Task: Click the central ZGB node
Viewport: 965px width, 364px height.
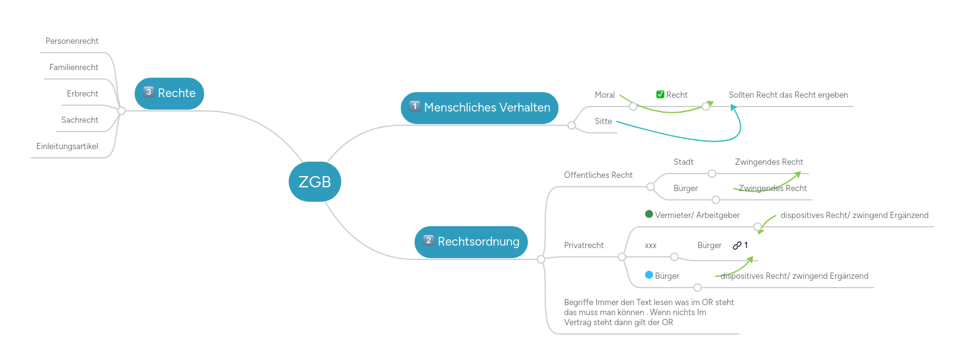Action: pyautogui.click(x=314, y=182)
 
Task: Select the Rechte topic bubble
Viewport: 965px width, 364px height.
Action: pyautogui.click(x=169, y=93)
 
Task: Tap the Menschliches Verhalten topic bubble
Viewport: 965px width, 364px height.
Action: pyautogui.click(x=479, y=107)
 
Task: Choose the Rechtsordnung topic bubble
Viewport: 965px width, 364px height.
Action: pyautogui.click(x=471, y=241)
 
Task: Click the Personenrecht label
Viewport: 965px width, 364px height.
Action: pyautogui.click(x=72, y=41)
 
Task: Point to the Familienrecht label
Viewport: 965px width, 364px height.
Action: pyautogui.click(x=74, y=68)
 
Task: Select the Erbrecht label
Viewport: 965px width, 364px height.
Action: pyautogui.click(x=83, y=94)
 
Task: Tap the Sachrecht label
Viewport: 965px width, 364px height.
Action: pyautogui.click(x=80, y=120)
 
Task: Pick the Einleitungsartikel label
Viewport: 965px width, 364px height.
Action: pyautogui.click(x=67, y=147)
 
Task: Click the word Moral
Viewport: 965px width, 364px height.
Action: pyautogui.click(x=605, y=95)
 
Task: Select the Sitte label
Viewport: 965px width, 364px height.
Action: pyautogui.click(x=603, y=122)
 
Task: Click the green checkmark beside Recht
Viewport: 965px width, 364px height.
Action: pyautogui.click(x=660, y=95)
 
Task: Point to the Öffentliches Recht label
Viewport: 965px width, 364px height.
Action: pyautogui.click(x=598, y=175)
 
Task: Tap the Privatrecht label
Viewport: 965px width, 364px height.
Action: pyautogui.click(x=584, y=246)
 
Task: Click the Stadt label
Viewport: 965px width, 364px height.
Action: pyautogui.click(x=683, y=162)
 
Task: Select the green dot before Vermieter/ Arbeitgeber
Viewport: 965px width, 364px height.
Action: pyautogui.click(x=649, y=214)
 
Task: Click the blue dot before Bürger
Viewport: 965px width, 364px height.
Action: pyautogui.click(x=649, y=275)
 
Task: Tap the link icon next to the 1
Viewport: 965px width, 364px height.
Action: pyautogui.click(x=737, y=246)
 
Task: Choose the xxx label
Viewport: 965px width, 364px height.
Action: pyautogui.click(x=651, y=246)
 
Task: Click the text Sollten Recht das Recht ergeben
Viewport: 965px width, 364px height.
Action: pyautogui.click(x=788, y=95)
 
